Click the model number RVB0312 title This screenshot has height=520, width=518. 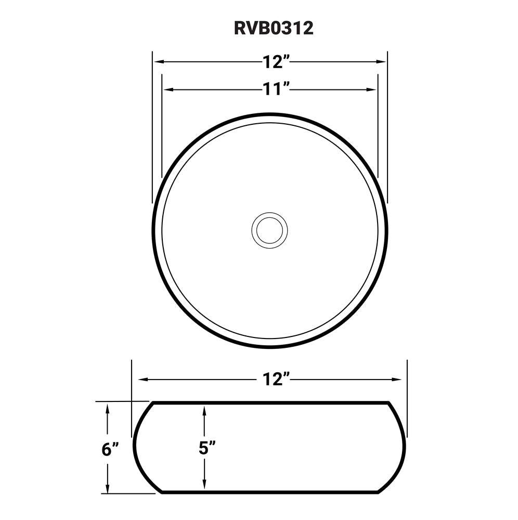(274, 28)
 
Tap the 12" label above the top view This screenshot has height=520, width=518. (276, 62)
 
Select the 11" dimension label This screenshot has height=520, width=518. (276, 89)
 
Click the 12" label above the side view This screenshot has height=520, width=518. (276, 380)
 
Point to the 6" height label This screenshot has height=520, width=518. (110, 449)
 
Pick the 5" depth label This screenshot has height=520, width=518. (207, 448)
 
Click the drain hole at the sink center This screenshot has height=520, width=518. (269, 229)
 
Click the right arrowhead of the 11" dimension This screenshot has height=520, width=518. (372, 89)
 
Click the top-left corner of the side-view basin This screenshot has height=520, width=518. (151, 403)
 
